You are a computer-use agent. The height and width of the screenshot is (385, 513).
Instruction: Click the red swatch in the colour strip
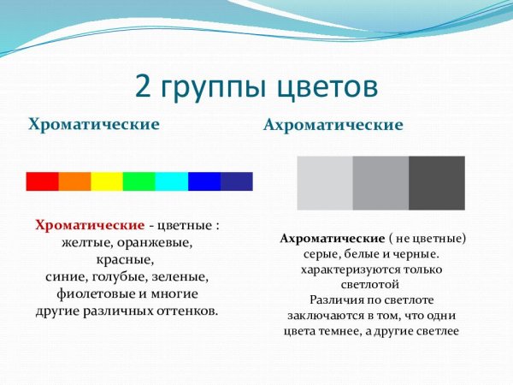point(42,181)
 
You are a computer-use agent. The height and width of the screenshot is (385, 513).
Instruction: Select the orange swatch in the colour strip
point(74,181)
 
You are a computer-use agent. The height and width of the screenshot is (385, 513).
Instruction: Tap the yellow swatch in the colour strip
point(107,181)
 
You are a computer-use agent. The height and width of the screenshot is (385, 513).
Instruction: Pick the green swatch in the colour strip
point(139,181)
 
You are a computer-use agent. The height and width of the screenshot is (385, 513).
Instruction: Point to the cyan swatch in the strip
point(171,181)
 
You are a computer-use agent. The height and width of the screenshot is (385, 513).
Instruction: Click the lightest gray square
point(324,183)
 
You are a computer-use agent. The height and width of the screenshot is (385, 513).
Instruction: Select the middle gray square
point(380,183)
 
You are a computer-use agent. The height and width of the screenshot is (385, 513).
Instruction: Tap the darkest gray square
point(437,183)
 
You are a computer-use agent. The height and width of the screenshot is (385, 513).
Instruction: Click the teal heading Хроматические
point(94,124)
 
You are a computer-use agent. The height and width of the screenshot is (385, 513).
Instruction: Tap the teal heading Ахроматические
point(333,126)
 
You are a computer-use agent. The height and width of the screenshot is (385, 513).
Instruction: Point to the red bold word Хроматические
point(89,226)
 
